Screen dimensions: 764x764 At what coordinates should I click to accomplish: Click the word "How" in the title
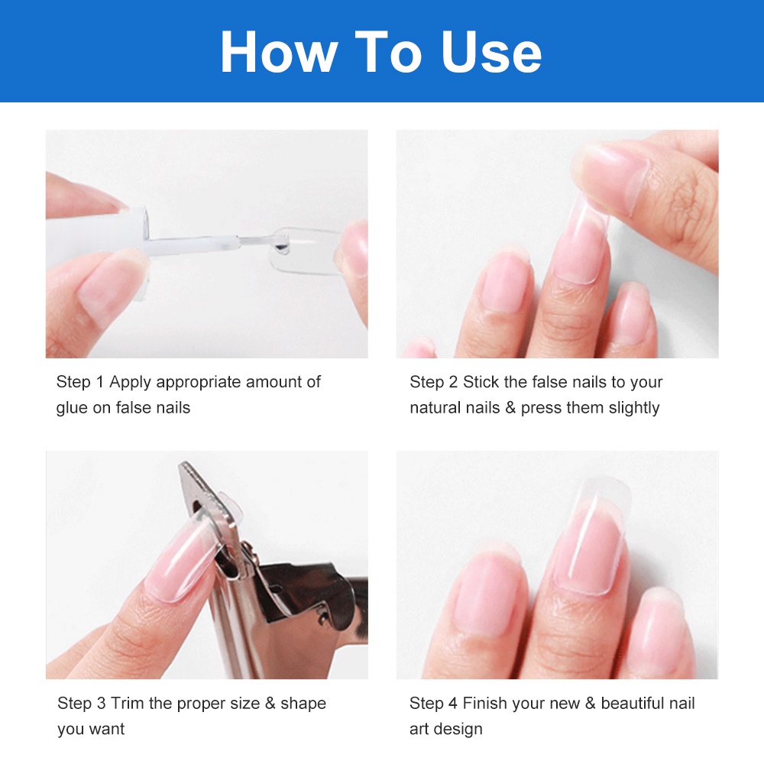[x=279, y=52]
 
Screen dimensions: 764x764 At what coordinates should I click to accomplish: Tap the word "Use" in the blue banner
[x=491, y=52]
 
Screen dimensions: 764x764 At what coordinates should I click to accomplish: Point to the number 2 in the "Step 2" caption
[x=452, y=382]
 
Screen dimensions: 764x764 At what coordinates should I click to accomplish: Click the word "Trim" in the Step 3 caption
[x=128, y=703]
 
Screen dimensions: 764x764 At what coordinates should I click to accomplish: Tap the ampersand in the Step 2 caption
[x=510, y=407]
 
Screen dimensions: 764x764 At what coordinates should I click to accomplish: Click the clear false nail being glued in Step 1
[x=306, y=251]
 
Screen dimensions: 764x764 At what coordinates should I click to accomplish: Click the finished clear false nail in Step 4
[x=592, y=536]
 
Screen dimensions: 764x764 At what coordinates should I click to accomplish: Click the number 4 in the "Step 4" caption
[x=452, y=703]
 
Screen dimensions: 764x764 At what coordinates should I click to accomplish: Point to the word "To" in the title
[x=388, y=52]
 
